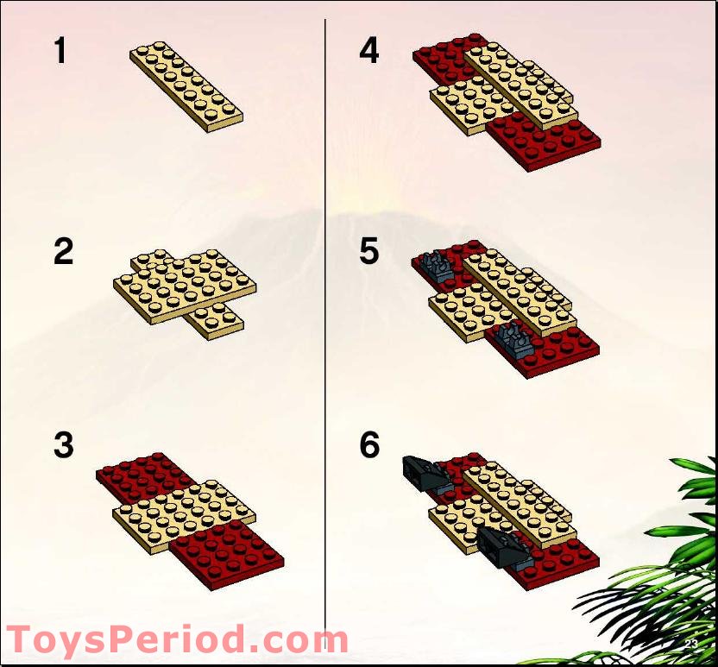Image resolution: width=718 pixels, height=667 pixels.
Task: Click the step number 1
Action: pos(60,52)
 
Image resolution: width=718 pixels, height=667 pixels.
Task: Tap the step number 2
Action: pos(63,253)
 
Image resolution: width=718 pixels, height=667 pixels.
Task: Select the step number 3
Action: pos(63,446)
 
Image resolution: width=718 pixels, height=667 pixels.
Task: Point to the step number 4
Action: pos(369,52)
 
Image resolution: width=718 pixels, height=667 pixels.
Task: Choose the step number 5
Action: pos(369,253)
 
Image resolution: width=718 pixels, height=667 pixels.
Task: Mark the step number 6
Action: pos(369,446)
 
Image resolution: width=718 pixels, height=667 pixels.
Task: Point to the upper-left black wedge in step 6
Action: pos(422,472)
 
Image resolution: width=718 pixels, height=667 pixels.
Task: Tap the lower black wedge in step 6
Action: pos(501,545)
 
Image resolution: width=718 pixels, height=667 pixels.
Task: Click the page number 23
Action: pos(690,644)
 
